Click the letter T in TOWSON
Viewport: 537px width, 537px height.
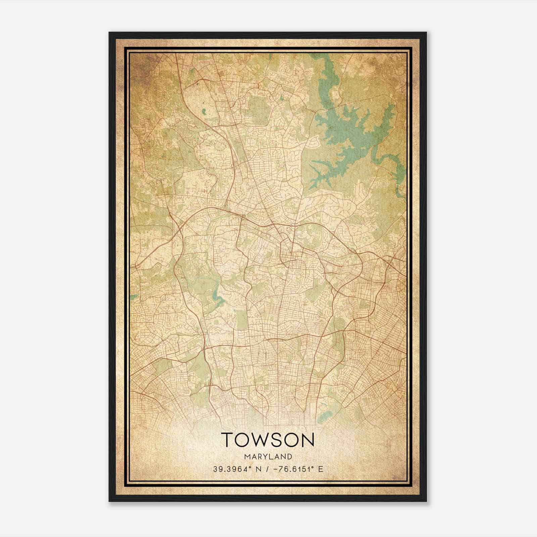pyautogui.click(x=228, y=440)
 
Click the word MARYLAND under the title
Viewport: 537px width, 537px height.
pyautogui.click(x=268, y=457)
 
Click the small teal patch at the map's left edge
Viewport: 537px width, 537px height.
pyautogui.click(x=134, y=297)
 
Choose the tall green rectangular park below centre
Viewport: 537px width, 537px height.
pyautogui.click(x=242, y=319)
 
